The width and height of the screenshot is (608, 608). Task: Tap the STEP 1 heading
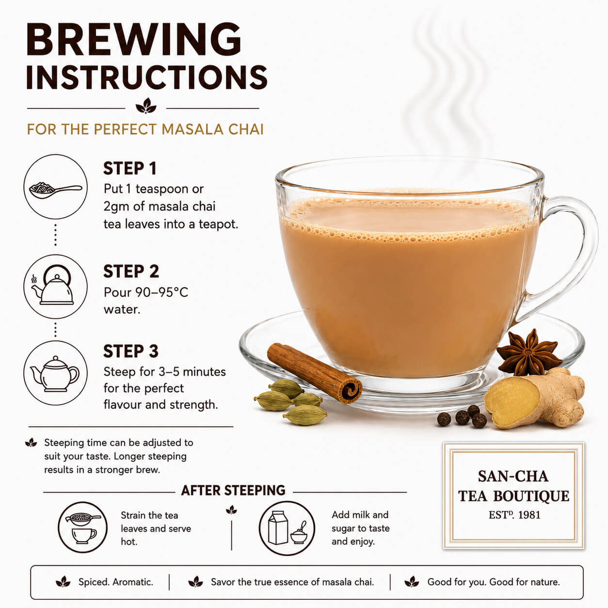click(x=130, y=169)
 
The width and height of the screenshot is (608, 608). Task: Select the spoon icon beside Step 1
click(x=56, y=190)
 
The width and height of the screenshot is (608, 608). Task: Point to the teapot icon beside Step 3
click(x=55, y=374)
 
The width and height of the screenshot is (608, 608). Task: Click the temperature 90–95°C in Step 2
click(x=161, y=292)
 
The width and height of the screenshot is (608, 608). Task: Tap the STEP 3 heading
click(x=131, y=352)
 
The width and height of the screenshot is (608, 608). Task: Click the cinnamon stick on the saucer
click(x=314, y=373)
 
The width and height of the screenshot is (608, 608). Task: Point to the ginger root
click(x=535, y=398)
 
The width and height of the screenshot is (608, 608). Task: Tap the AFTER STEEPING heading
click(x=233, y=491)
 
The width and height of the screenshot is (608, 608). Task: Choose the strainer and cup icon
click(x=82, y=528)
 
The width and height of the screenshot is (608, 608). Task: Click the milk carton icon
click(x=278, y=528)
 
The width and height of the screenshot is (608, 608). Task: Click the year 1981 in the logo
click(x=529, y=515)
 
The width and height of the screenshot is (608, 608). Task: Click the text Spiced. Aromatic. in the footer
click(x=116, y=582)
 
